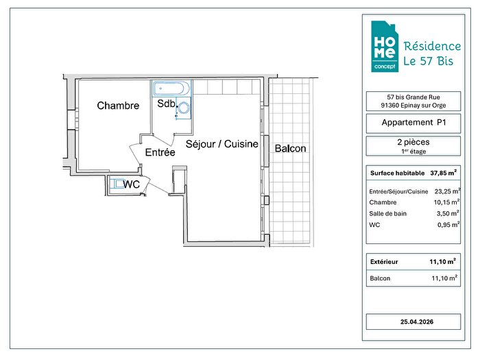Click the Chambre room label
coord(118,106)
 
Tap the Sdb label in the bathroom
coord(166,104)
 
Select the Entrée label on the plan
coord(160,152)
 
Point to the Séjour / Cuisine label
coord(222,144)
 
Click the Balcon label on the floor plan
coord(290,149)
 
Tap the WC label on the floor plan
coord(132,184)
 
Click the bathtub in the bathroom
coord(171,88)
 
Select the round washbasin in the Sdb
coord(184,108)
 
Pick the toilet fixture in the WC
coord(117,184)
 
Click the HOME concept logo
coord(385,47)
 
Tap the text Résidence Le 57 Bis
coord(432,53)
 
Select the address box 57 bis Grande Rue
coord(413,101)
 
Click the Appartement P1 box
coord(413,123)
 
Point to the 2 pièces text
coord(413,142)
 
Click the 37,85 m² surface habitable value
coord(443,173)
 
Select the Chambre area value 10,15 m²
coord(446,202)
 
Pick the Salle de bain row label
coord(388,214)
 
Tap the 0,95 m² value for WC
coord(448,224)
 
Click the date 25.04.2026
coord(417,322)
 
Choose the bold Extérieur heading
coord(384,262)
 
